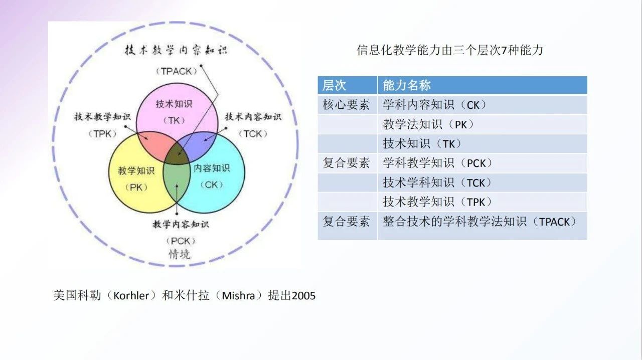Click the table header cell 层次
coord(335,85)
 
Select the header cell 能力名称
coord(407,85)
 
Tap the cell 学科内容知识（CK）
coord(434,105)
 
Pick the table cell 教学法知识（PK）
coord(428,124)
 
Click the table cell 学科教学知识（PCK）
coord(438,163)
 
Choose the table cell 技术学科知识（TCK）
coord(437,183)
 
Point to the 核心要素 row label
coord(347,105)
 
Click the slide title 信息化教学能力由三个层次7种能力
coord(450,50)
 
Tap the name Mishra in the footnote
coord(239,296)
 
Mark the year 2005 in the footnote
coord(304,296)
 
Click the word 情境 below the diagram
coord(179,254)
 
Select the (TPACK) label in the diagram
coord(176,71)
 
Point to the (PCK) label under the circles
coord(180,241)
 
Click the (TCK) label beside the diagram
coord(253,134)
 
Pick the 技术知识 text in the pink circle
coord(174,104)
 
